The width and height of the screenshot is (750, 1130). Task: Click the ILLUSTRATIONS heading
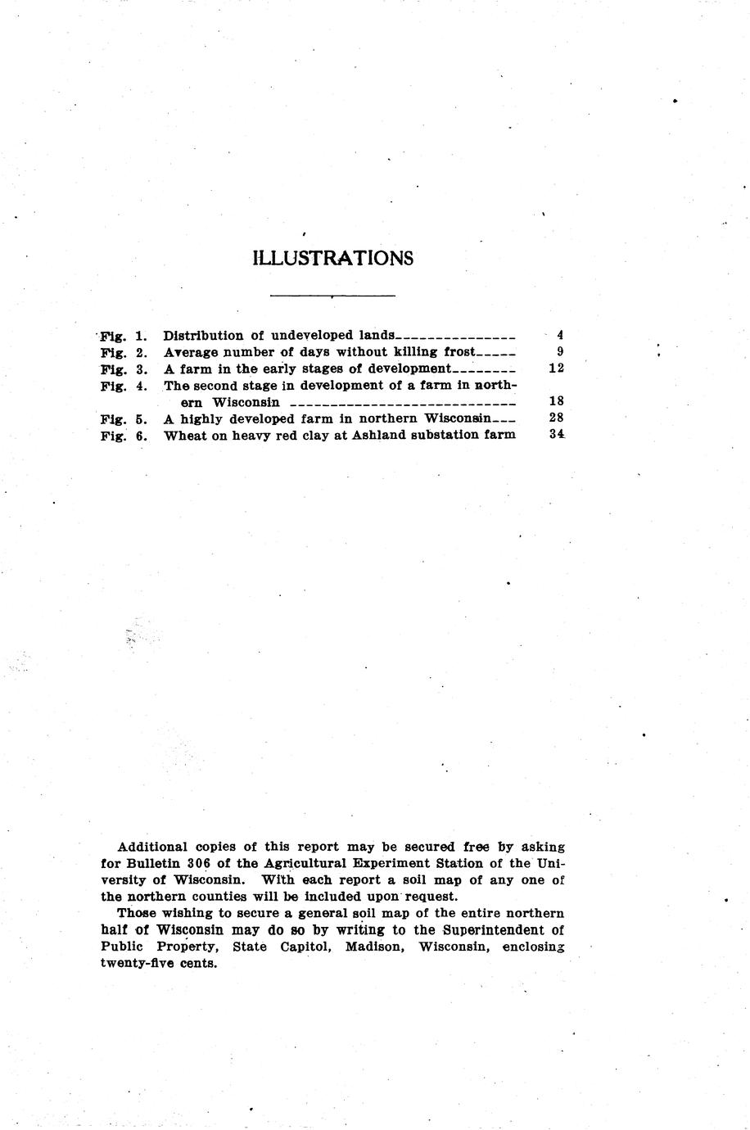tap(333, 259)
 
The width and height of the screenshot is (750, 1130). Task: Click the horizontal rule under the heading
tap(332, 295)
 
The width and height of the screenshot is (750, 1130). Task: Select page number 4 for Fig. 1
tap(559, 335)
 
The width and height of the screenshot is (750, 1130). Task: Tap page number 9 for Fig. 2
tap(559, 352)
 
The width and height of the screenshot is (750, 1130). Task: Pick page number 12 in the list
tap(556, 368)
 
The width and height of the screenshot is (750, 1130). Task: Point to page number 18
tap(556, 402)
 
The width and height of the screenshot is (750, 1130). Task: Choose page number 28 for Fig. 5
tap(556, 418)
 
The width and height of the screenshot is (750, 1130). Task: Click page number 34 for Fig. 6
tap(557, 435)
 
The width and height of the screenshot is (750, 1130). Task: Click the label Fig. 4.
tap(124, 386)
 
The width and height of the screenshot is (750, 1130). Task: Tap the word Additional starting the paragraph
tap(152, 847)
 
